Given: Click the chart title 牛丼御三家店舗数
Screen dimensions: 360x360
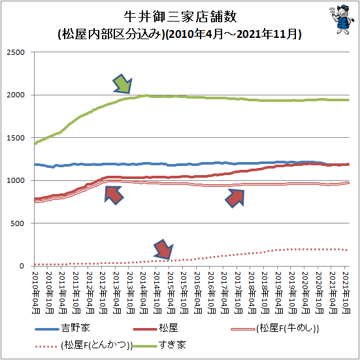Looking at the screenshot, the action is coord(180,16).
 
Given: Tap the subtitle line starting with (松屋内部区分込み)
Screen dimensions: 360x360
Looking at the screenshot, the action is coord(180,35).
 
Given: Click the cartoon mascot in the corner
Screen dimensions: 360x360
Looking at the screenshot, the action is coord(340,20).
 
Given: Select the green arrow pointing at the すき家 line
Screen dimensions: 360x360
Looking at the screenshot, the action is coord(123,84).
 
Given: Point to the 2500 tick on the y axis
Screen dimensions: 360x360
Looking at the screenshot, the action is coord(16,52).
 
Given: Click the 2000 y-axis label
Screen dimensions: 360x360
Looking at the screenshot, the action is coord(16,95).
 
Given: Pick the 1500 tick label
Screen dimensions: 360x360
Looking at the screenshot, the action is coord(16,138).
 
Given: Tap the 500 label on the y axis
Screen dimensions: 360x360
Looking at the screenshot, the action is coord(17,223).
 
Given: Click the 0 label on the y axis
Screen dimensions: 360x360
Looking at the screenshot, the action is coord(22,266).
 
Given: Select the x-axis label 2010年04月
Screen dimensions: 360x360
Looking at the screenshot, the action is coord(35,293).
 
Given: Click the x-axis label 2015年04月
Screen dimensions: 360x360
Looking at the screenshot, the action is coord(171,293).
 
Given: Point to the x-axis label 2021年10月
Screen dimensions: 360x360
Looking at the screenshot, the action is coord(346,293).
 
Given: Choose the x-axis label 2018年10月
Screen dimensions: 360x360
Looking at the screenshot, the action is coord(265,293).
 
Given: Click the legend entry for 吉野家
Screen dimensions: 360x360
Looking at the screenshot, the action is coord(62,328).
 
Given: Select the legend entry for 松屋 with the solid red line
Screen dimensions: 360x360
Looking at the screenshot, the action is coord(155,328).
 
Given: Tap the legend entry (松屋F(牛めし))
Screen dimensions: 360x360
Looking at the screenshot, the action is coord(275,329).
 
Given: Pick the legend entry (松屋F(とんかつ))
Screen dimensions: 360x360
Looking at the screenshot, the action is coord(84,346).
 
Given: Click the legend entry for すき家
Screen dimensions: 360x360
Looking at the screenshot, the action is coord(159,345).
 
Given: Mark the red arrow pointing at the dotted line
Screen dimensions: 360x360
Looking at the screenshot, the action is coord(163,250).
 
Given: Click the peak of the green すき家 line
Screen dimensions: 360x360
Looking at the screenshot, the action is coord(146,95).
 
